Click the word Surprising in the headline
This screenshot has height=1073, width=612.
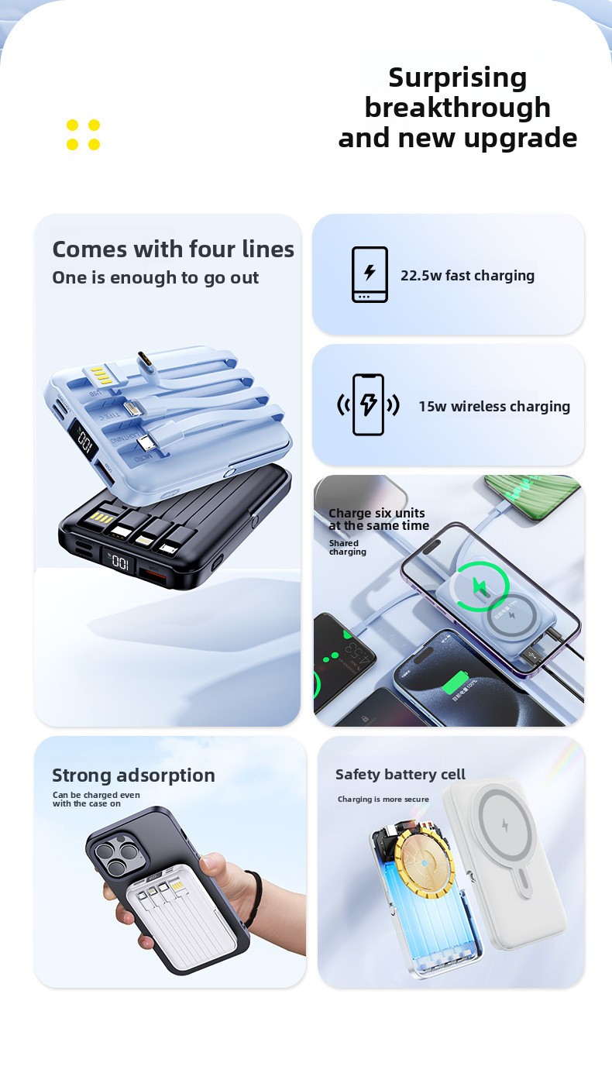[457, 78]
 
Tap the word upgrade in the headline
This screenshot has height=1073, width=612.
[521, 139]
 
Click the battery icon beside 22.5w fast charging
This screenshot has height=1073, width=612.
[370, 274]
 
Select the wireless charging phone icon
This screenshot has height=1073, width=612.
[368, 404]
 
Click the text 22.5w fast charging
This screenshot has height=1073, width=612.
[467, 276]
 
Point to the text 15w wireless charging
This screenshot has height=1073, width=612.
[494, 406]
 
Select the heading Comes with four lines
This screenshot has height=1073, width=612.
[173, 249]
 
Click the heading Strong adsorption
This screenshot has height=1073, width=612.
[133, 775]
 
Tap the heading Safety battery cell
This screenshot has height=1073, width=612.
[401, 774]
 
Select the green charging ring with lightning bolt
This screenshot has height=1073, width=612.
[481, 586]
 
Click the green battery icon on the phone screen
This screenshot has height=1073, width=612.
[455, 682]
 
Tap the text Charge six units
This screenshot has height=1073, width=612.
[376, 513]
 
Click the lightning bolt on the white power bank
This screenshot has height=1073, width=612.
[505, 824]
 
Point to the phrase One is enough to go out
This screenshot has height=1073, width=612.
[156, 278]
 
